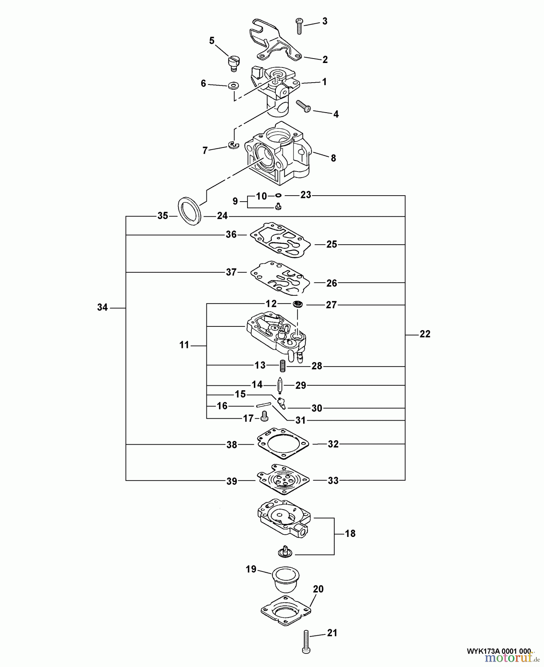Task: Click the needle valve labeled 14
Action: tap(281, 385)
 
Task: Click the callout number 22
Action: tap(425, 334)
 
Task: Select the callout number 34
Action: tap(102, 307)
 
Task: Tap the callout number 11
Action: tap(184, 345)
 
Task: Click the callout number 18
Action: tap(350, 534)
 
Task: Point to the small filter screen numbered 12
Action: tap(298, 304)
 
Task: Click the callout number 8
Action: tap(333, 158)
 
